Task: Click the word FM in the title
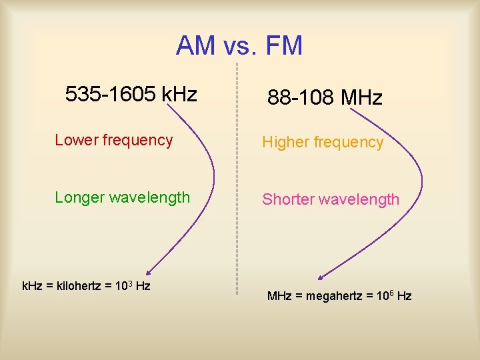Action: pyautogui.click(x=283, y=46)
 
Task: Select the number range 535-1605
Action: pyautogui.click(x=111, y=95)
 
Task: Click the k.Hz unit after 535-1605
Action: pyautogui.click(x=179, y=95)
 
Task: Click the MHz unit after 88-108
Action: pyautogui.click(x=361, y=99)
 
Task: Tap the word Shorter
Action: pyautogui.click(x=287, y=199)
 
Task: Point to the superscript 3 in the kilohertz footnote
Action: pyautogui.click(x=128, y=283)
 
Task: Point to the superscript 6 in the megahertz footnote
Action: pyautogui.click(x=395, y=292)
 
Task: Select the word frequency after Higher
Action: pyautogui.click(x=351, y=143)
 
